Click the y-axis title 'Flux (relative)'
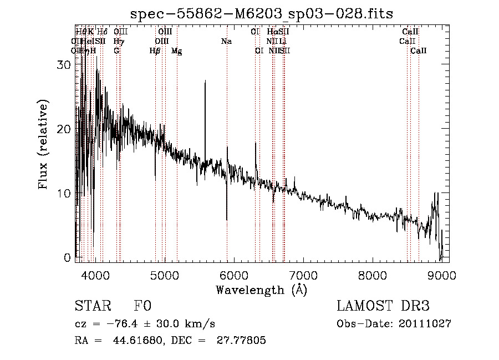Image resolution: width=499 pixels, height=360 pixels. tap(44, 144)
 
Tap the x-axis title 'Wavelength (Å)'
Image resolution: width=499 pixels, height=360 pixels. tap(261, 290)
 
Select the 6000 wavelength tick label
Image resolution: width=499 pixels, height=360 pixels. tap(233, 275)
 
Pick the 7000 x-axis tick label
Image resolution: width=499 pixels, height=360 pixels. tap(303, 275)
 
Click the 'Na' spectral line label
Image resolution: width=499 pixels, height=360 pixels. tap(226, 41)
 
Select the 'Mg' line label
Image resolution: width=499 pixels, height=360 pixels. tap(176, 51)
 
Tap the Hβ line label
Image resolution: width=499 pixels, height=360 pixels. tap(155, 51)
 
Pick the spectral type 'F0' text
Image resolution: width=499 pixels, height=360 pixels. tap(142, 306)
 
